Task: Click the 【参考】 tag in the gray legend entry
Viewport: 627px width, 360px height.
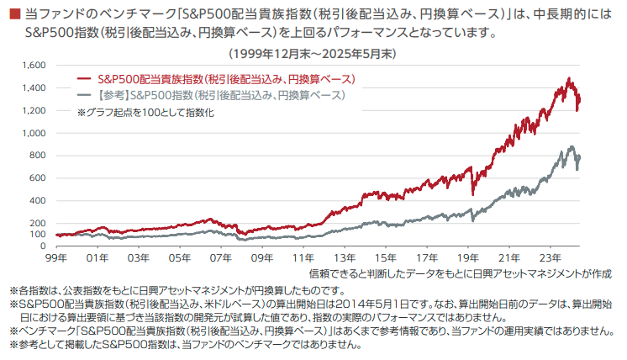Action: tap(112, 94)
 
